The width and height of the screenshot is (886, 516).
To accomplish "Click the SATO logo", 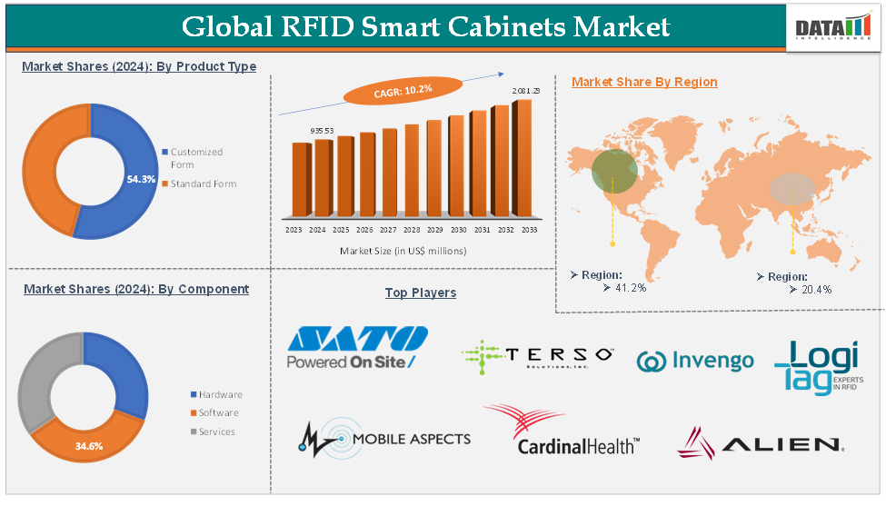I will pyautogui.click(x=356, y=348).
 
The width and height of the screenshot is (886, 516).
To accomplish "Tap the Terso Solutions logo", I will pyautogui.click(x=537, y=356).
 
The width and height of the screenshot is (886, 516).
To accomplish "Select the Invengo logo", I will pyautogui.click(x=695, y=361).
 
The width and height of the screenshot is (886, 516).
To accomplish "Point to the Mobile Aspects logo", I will pyautogui.click(x=384, y=438).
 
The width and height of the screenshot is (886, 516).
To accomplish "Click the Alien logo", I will pyautogui.click(x=760, y=443).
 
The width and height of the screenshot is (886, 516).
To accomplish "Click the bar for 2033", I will pyautogui.click(x=523, y=158).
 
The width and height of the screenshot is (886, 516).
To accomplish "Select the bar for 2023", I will pyautogui.click(x=301, y=180).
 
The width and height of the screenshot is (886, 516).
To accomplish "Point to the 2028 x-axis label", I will pyautogui.click(x=412, y=231).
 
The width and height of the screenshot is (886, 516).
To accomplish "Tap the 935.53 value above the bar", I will pyautogui.click(x=323, y=131).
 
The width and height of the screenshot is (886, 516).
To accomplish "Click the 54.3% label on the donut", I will pyautogui.click(x=141, y=179).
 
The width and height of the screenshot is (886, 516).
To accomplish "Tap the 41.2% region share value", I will pyautogui.click(x=630, y=288).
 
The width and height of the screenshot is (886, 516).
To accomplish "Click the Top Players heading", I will pyautogui.click(x=421, y=293).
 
